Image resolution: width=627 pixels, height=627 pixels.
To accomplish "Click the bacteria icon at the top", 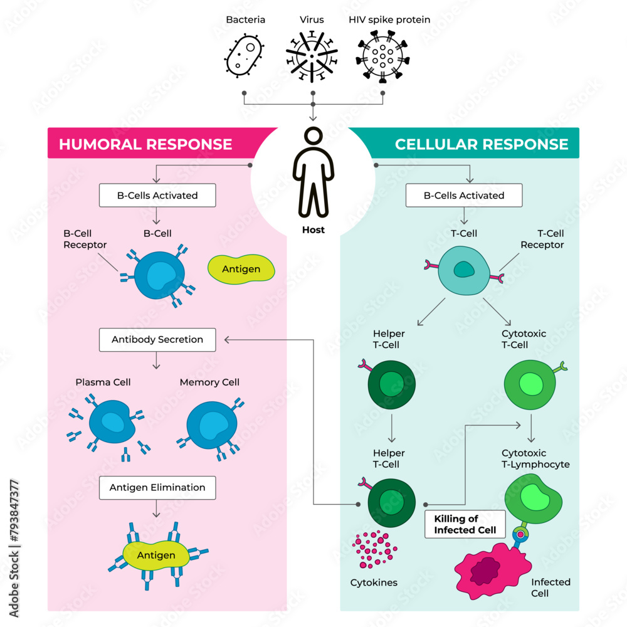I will (x=244, y=55).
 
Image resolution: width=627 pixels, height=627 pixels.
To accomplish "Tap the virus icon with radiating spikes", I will (x=312, y=56).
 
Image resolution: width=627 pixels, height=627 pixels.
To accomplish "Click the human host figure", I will (x=313, y=172).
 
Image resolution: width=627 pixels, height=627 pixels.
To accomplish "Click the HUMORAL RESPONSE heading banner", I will (x=145, y=144).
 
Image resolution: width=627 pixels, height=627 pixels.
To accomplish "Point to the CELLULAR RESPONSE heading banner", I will (x=481, y=144).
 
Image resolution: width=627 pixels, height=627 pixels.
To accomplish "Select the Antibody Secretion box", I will (x=157, y=339).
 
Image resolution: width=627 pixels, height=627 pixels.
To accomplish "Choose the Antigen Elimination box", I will (x=157, y=487).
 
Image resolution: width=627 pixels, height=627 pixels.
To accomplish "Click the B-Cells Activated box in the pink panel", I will (x=157, y=195).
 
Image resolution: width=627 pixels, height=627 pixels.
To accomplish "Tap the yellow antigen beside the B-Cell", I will (x=242, y=268).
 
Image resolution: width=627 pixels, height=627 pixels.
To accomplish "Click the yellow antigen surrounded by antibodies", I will (x=157, y=555).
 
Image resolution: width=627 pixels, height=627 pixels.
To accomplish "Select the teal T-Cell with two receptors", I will (x=464, y=270).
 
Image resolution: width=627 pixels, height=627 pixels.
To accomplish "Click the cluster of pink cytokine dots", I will (x=374, y=549).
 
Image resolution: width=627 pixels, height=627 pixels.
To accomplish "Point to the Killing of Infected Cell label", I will (x=465, y=524).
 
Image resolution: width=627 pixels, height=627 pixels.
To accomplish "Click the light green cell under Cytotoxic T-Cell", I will (x=530, y=382).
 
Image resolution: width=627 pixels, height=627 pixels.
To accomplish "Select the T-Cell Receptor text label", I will (x=542, y=239).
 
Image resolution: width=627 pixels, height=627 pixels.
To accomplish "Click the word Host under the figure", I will (x=313, y=230).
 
